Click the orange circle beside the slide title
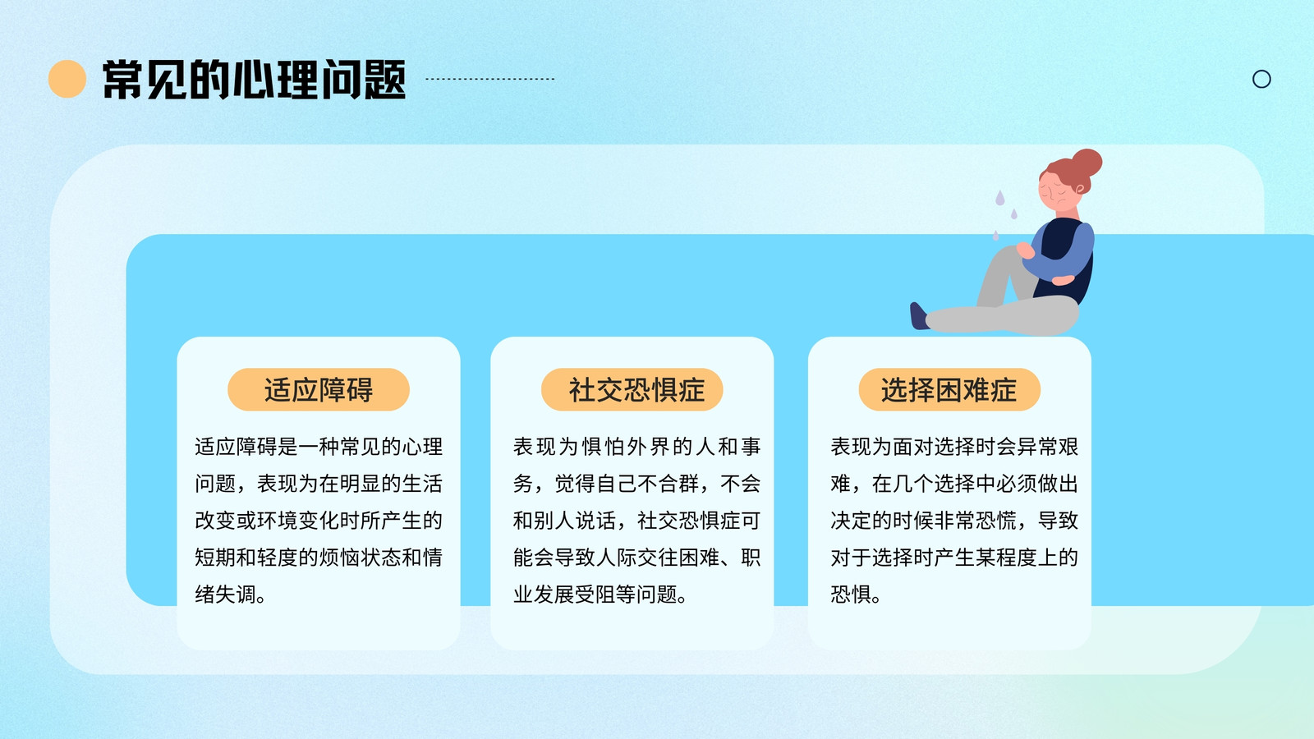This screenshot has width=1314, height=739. [67, 79]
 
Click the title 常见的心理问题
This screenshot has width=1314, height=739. [254, 79]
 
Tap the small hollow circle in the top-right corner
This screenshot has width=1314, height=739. [1261, 79]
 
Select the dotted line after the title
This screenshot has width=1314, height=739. [489, 79]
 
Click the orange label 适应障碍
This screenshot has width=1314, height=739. [319, 389]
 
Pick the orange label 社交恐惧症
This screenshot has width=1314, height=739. [632, 389]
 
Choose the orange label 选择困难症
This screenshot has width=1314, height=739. [949, 389]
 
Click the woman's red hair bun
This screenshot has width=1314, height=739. [1087, 163]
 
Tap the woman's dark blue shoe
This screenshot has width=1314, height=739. [918, 315]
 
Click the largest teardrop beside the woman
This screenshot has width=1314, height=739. [999, 198]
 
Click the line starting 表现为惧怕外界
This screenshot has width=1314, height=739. [636, 447]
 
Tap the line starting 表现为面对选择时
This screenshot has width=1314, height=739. [954, 447]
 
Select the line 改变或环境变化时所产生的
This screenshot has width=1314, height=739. [319, 521]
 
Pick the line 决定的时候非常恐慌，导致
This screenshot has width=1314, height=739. [954, 521]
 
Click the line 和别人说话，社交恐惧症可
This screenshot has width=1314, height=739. [636, 521]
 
